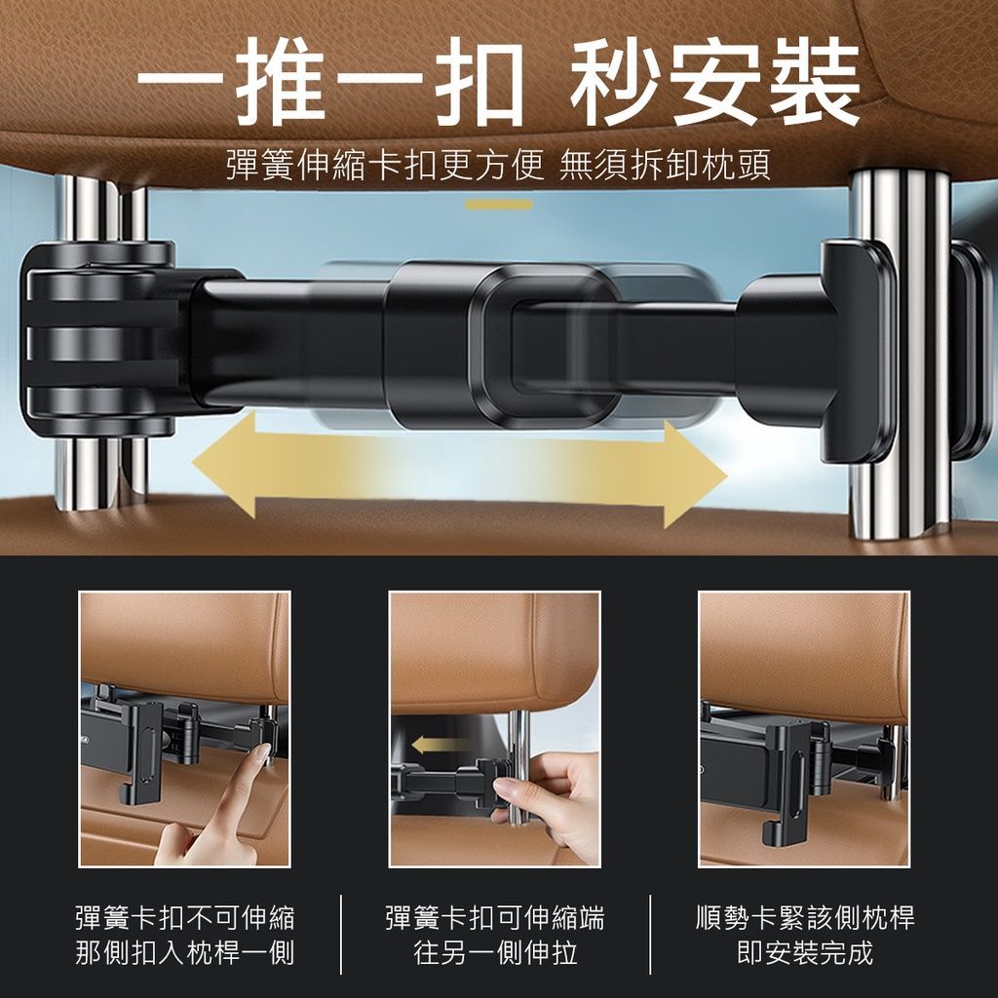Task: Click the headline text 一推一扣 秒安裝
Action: pos(498,82)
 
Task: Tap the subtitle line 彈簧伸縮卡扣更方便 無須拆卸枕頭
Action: pos(498,165)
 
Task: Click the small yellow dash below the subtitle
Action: pos(498,205)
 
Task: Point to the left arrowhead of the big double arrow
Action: pos(223,465)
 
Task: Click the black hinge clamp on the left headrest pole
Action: pos(101,337)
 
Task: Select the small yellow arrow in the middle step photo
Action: pos(436,744)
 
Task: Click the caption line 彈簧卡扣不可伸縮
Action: pos(185,918)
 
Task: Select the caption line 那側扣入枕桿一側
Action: pos(185,953)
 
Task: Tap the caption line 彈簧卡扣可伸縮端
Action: pos(494,918)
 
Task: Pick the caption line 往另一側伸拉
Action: pos(494,953)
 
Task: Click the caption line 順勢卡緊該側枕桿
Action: pos(805,918)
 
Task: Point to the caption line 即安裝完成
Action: pos(805,953)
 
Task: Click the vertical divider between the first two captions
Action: pos(340,935)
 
